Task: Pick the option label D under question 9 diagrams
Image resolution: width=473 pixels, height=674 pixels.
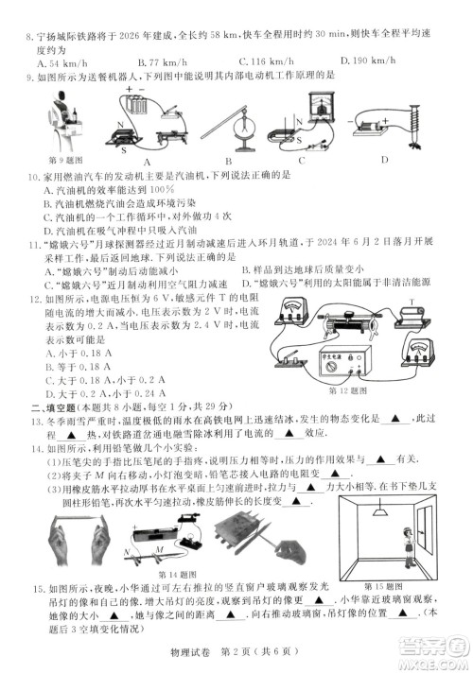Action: click(383, 159)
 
